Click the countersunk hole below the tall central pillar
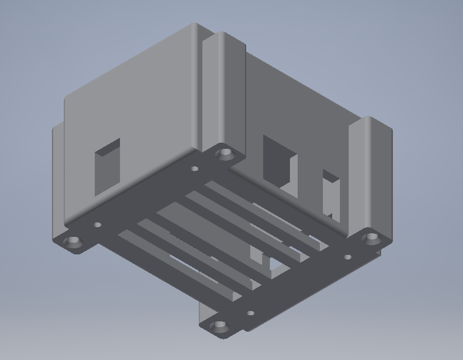[225, 153]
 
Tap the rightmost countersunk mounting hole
[371, 238]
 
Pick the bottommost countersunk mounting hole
[220, 326]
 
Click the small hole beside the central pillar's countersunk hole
[195, 168]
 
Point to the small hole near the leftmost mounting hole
[97, 225]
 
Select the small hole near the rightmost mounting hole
[348, 256]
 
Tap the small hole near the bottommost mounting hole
[250, 313]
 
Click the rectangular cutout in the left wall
[107, 166]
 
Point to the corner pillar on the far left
[58, 180]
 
